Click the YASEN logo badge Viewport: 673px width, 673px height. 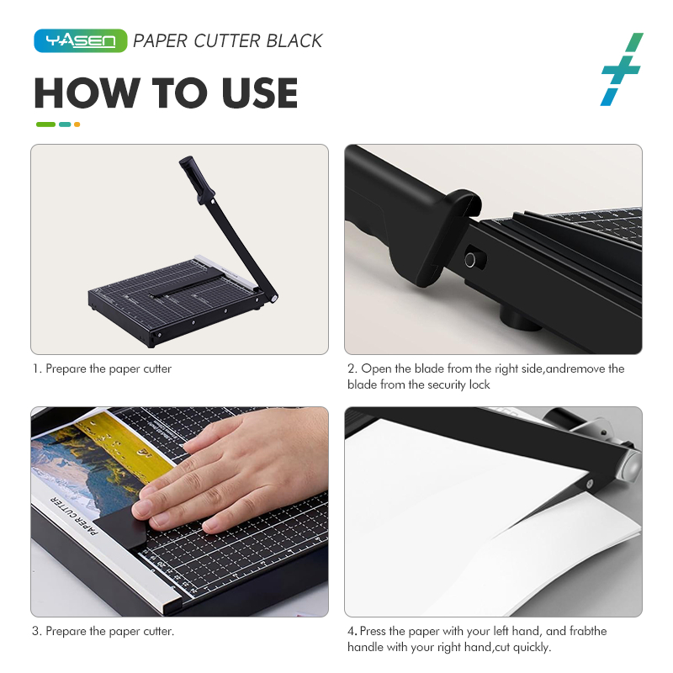(80, 40)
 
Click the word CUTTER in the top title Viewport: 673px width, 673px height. (227, 41)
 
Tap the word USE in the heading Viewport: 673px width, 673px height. (260, 93)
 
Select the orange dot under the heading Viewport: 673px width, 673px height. (77, 125)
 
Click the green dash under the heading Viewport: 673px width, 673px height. (46, 125)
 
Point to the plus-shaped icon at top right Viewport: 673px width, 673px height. (622, 69)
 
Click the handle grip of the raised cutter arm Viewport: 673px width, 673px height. (197, 178)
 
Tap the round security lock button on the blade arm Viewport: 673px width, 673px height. (470, 259)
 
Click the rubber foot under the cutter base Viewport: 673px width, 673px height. (520, 319)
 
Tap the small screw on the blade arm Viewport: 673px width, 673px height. (590, 484)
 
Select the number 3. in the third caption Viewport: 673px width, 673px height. (37, 631)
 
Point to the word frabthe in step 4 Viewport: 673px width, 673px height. (587, 631)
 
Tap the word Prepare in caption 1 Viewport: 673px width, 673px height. (66, 369)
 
